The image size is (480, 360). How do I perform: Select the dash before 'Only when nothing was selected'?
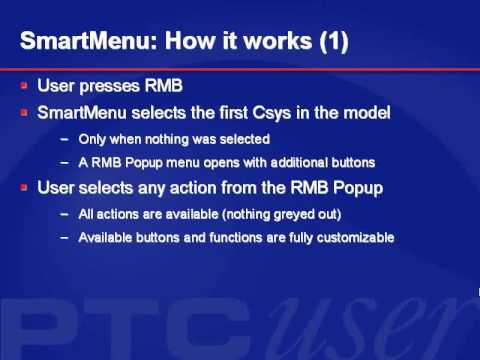[x=65, y=138]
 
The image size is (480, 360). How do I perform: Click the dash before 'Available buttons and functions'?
[x=65, y=237]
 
